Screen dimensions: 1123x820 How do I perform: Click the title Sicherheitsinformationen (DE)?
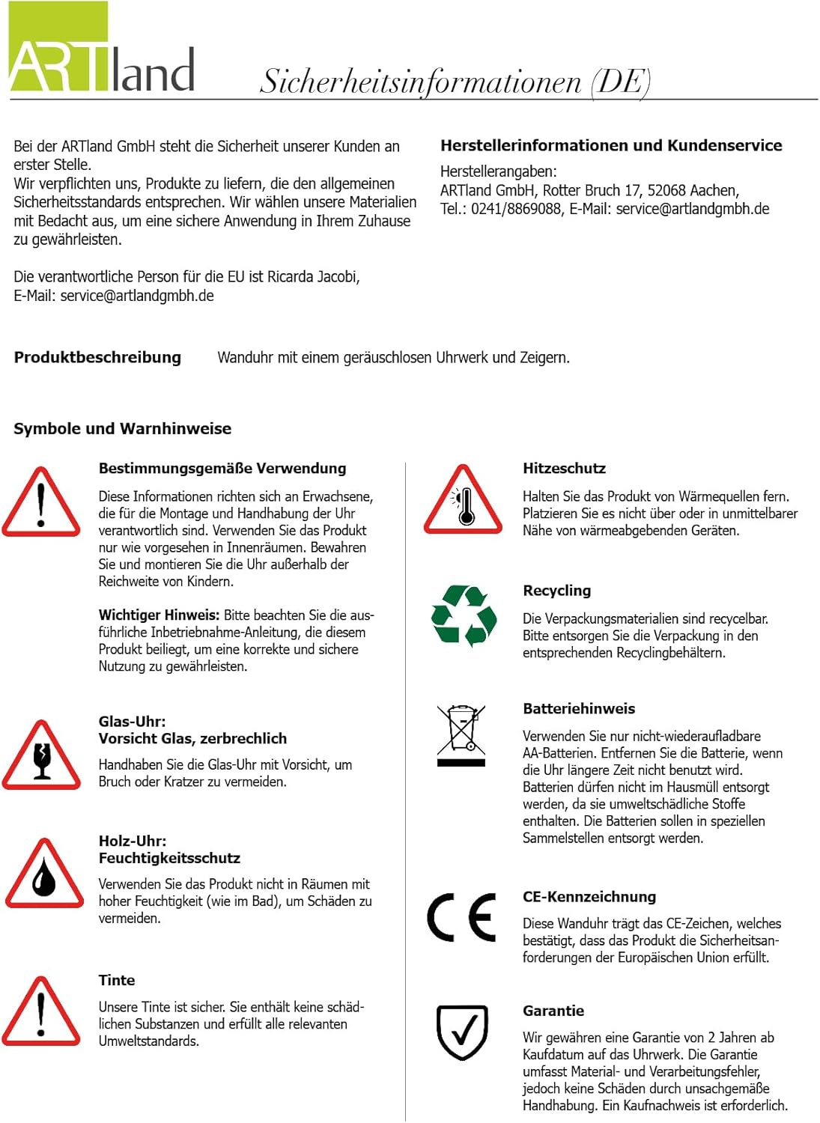[x=455, y=81]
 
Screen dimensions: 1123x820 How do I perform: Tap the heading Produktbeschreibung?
[x=97, y=358]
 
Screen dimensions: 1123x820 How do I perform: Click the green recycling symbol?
[x=464, y=616]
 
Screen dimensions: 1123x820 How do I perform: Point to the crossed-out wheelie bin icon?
[x=461, y=734]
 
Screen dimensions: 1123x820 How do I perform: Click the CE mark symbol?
[x=461, y=917]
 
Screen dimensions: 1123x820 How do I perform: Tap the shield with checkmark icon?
[x=462, y=1032]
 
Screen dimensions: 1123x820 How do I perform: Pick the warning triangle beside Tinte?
[x=42, y=1013]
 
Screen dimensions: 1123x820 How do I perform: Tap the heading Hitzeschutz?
[x=564, y=469]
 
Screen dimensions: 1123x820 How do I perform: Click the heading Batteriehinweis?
[x=579, y=709]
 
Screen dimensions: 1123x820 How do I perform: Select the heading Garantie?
[x=553, y=1011]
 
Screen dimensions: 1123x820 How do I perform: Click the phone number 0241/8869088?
[x=516, y=209]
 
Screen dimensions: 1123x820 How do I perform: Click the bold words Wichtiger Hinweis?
[x=159, y=615]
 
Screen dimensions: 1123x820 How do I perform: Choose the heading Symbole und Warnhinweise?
[x=122, y=429]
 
